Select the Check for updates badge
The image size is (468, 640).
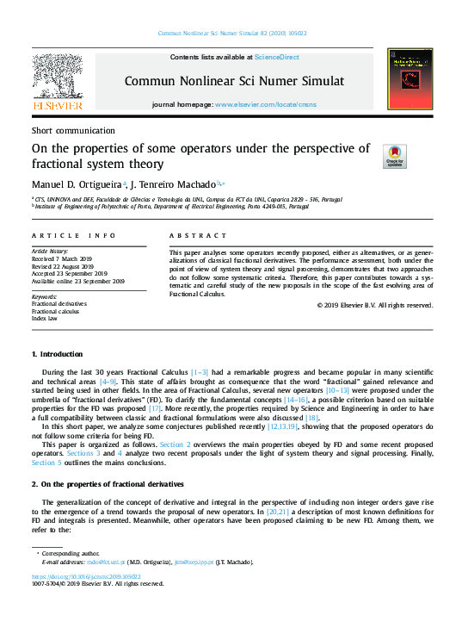tap(395, 156)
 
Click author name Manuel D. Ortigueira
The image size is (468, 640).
tap(77, 183)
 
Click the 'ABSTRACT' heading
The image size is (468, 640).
tap(198, 235)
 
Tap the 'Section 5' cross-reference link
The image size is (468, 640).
tap(47, 463)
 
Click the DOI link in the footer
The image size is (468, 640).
tap(86, 576)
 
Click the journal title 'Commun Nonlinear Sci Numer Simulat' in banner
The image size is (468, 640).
tap(234, 81)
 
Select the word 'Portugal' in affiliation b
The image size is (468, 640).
tap(298, 207)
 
